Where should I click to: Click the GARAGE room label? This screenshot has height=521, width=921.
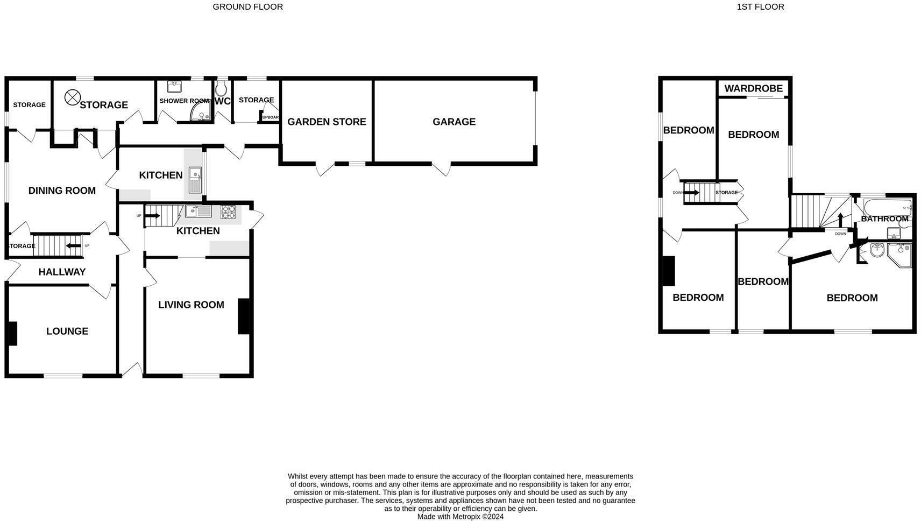(454, 122)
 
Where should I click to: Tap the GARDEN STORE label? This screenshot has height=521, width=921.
(327, 122)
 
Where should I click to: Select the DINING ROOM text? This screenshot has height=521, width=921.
(62, 191)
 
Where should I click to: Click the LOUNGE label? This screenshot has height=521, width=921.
(67, 331)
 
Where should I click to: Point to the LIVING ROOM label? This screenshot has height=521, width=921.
(191, 305)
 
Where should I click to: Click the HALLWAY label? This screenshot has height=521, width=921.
(62, 272)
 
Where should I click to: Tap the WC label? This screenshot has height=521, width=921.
(222, 101)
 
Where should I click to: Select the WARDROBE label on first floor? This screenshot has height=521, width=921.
(753, 89)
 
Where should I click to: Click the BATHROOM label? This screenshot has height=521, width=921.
(884, 219)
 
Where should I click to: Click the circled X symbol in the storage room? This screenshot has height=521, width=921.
(72, 97)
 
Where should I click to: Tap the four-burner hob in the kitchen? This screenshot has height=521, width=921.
(228, 212)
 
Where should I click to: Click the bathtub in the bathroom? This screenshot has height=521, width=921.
(887, 207)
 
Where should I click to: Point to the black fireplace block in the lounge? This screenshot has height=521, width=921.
(12, 333)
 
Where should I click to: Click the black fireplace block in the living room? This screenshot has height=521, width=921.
(244, 316)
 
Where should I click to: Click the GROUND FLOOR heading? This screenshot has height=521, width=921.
(247, 7)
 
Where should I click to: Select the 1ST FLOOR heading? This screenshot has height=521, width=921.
(760, 7)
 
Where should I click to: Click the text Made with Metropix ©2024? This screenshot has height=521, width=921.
(460, 517)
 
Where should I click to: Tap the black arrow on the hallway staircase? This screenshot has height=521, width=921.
(73, 246)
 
